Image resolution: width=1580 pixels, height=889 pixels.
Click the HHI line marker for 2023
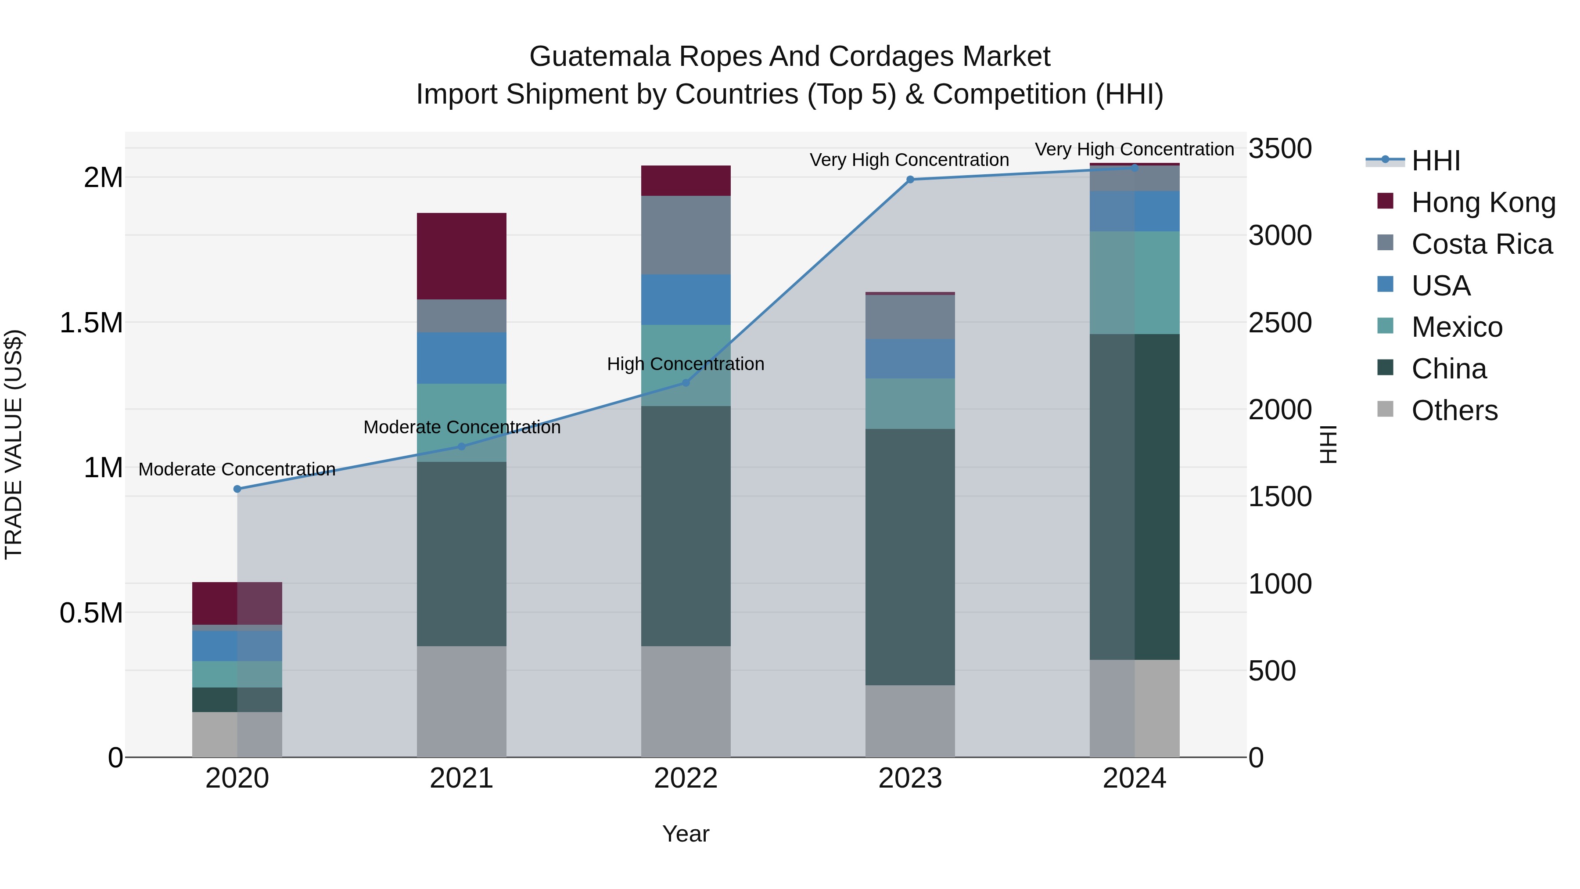(x=910, y=180)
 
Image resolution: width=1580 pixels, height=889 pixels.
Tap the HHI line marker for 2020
(x=237, y=489)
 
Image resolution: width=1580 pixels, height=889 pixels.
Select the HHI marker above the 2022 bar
(x=686, y=383)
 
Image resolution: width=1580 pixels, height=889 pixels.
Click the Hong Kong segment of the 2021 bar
(x=461, y=256)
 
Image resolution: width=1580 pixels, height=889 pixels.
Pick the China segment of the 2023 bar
(x=910, y=557)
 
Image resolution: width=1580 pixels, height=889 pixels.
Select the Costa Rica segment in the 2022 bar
(x=686, y=235)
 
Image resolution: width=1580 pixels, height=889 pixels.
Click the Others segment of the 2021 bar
(x=461, y=701)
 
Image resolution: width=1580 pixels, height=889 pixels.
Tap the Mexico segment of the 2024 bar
(x=1134, y=282)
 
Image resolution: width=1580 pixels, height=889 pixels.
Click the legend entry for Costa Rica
(x=1481, y=244)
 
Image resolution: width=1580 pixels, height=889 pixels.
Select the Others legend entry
(x=1454, y=410)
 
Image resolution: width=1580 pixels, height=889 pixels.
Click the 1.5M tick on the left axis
(x=91, y=323)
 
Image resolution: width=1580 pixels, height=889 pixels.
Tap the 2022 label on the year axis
(x=686, y=778)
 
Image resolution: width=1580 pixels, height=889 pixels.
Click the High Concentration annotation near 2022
(x=685, y=364)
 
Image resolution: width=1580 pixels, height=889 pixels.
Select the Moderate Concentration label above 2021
(x=461, y=427)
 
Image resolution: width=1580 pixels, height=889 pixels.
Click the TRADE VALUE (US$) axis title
(x=14, y=444)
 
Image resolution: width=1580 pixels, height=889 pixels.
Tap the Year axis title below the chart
(x=686, y=834)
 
